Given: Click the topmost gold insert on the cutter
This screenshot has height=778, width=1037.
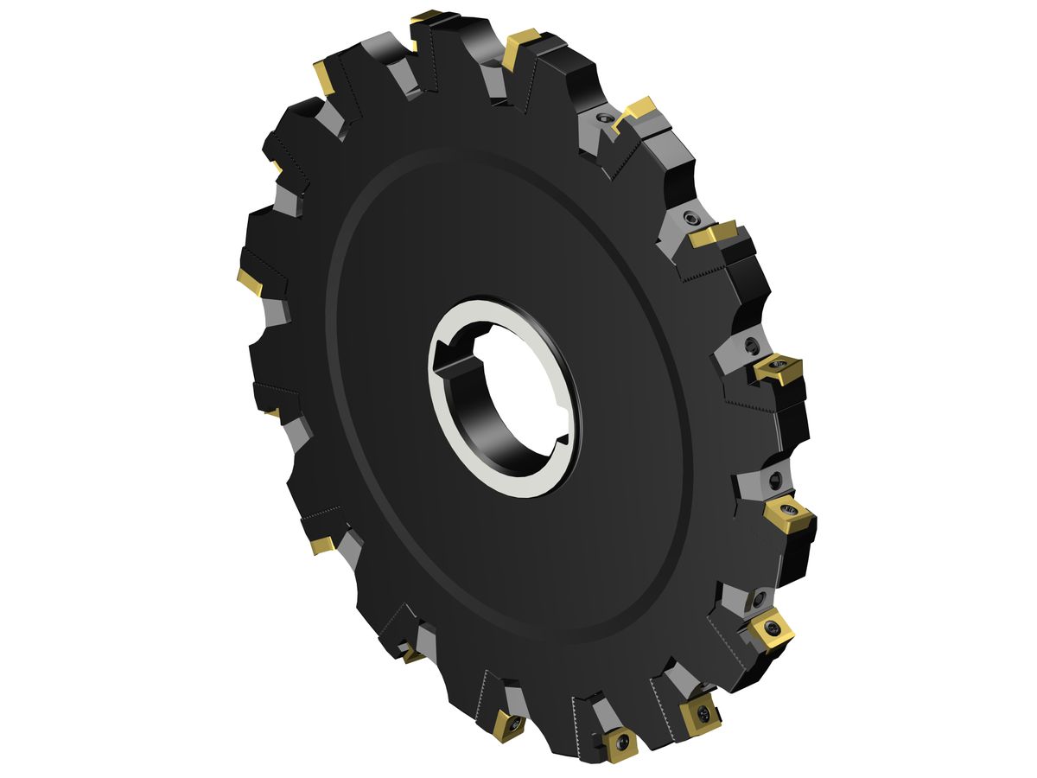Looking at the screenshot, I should (x=426, y=16).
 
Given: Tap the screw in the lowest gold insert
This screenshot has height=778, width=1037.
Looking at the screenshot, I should (x=621, y=743).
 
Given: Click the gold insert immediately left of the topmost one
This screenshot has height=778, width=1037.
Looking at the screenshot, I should (x=327, y=77).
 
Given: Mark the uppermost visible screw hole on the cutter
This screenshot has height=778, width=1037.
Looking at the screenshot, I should (x=601, y=118).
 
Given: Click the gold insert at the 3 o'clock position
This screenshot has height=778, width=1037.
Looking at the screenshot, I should (x=778, y=369).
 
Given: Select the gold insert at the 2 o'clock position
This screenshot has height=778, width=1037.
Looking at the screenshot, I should (x=714, y=233).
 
